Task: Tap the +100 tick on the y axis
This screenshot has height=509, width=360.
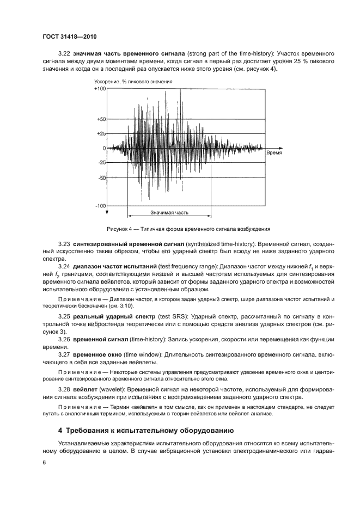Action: click(100, 88)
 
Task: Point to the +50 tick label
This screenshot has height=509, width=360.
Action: click(101, 118)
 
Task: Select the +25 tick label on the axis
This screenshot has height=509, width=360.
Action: click(101, 133)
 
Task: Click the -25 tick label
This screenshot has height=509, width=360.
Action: click(101, 163)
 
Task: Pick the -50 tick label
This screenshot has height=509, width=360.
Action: click(101, 178)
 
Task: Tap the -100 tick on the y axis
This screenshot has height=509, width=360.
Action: click(100, 206)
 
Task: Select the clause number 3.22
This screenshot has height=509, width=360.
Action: click(64, 54)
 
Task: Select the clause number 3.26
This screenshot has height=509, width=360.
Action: click(64, 339)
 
